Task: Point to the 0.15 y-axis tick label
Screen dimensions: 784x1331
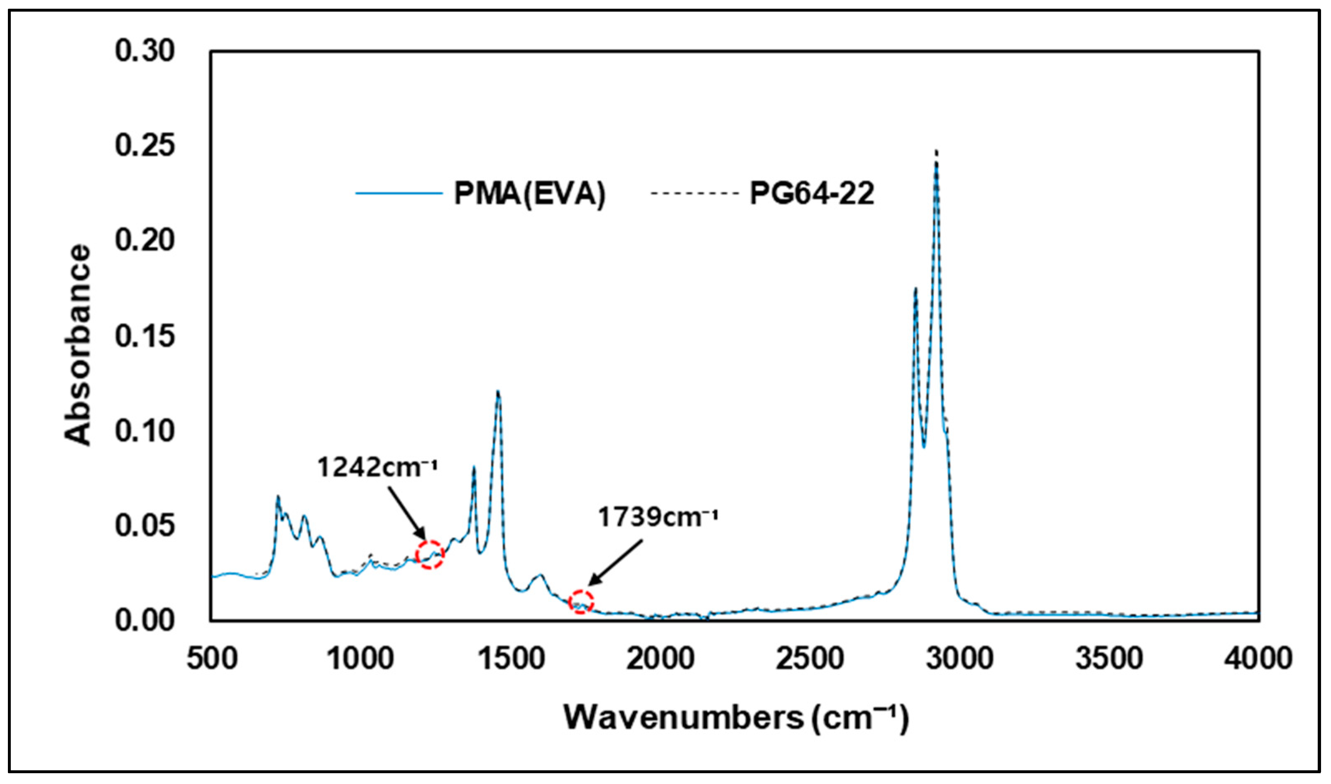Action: [144, 336]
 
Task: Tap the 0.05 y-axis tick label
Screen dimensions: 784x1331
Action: [144, 526]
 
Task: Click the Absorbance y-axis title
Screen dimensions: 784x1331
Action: [78, 344]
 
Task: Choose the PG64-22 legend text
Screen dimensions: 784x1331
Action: [812, 193]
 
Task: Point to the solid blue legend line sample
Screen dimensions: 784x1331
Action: [399, 193]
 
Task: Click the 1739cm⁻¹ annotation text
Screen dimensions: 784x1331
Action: [657, 517]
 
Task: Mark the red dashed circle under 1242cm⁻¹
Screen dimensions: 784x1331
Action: [430, 555]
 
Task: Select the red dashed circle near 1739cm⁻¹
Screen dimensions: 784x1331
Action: [581, 601]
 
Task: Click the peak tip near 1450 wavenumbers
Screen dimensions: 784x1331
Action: [498, 392]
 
